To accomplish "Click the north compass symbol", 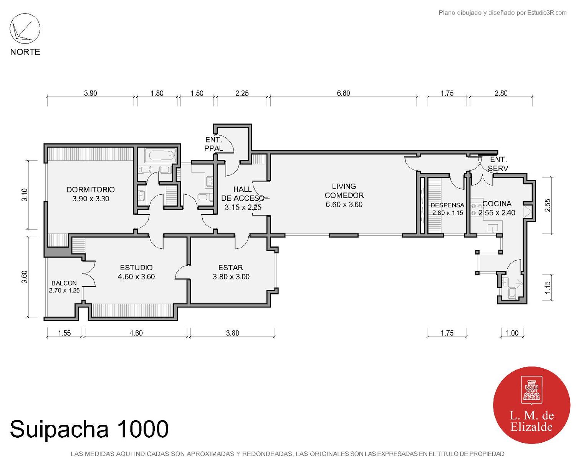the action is click(x=25, y=29).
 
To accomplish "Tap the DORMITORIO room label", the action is click(x=91, y=189).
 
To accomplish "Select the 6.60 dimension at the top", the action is click(x=343, y=93).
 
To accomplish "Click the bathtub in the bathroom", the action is click(x=160, y=156).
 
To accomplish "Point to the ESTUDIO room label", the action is click(x=136, y=268).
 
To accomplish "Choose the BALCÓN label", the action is click(x=64, y=283).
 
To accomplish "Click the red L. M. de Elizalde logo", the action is click(x=531, y=405).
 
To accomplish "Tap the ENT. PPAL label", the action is click(x=214, y=144).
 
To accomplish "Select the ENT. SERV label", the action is click(x=498, y=164).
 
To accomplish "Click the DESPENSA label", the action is click(x=447, y=205).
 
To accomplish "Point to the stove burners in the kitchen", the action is click(x=477, y=209).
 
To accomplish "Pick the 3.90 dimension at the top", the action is click(x=91, y=93).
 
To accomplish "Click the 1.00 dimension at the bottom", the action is click(x=512, y=333).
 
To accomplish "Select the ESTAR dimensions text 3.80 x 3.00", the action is click(x=231, y=277).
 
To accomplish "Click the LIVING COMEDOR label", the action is click(x=344, y=191).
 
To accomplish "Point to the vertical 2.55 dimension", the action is click(x=548, y=205).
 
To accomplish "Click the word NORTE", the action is click(x=25, y=52).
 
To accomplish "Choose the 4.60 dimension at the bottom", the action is click(x=136, y=333).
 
